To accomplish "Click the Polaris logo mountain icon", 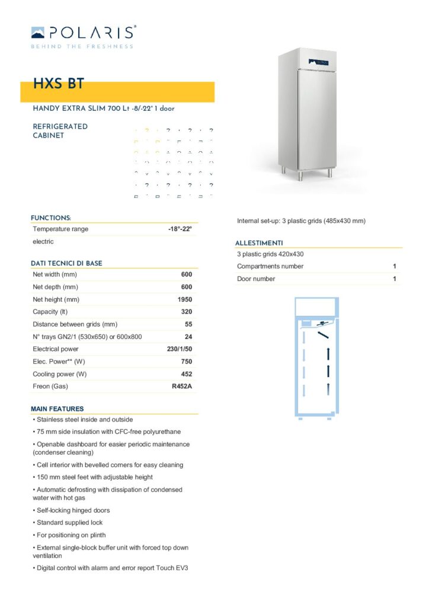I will [38, 32].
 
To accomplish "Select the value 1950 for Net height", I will [185, 299].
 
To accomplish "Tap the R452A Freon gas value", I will [181, 386].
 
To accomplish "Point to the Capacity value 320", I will [186, 312].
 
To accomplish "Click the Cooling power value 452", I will [186, 374].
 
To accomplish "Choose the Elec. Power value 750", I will [186, 362].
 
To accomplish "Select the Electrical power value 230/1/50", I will [180, 349].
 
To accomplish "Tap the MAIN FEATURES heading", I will [57, 409].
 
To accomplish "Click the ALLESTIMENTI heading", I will [259, 243].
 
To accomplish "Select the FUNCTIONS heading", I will [51, 218].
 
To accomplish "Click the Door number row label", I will [256, 279].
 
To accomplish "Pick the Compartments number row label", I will [270, 266].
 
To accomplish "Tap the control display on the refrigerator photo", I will [317, 61].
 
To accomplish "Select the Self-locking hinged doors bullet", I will [72, 510].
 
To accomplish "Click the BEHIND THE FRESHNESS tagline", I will [82, 46].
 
